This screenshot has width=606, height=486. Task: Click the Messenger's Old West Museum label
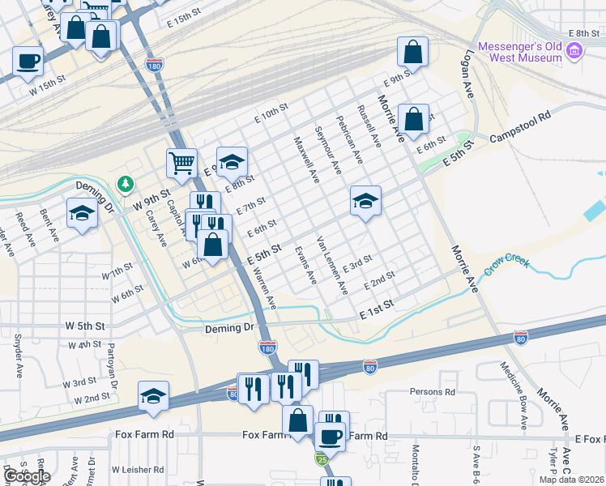519,52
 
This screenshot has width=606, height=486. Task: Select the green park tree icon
126,185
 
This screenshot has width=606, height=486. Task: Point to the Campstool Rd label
520,116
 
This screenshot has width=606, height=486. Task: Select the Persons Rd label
432,392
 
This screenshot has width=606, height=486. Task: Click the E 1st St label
377,305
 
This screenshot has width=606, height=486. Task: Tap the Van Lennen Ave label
332,264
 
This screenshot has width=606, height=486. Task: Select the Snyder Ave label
17,356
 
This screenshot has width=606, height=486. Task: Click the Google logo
26,476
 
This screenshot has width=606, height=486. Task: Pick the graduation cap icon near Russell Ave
365,201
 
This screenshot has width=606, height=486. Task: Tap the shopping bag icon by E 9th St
412,52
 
